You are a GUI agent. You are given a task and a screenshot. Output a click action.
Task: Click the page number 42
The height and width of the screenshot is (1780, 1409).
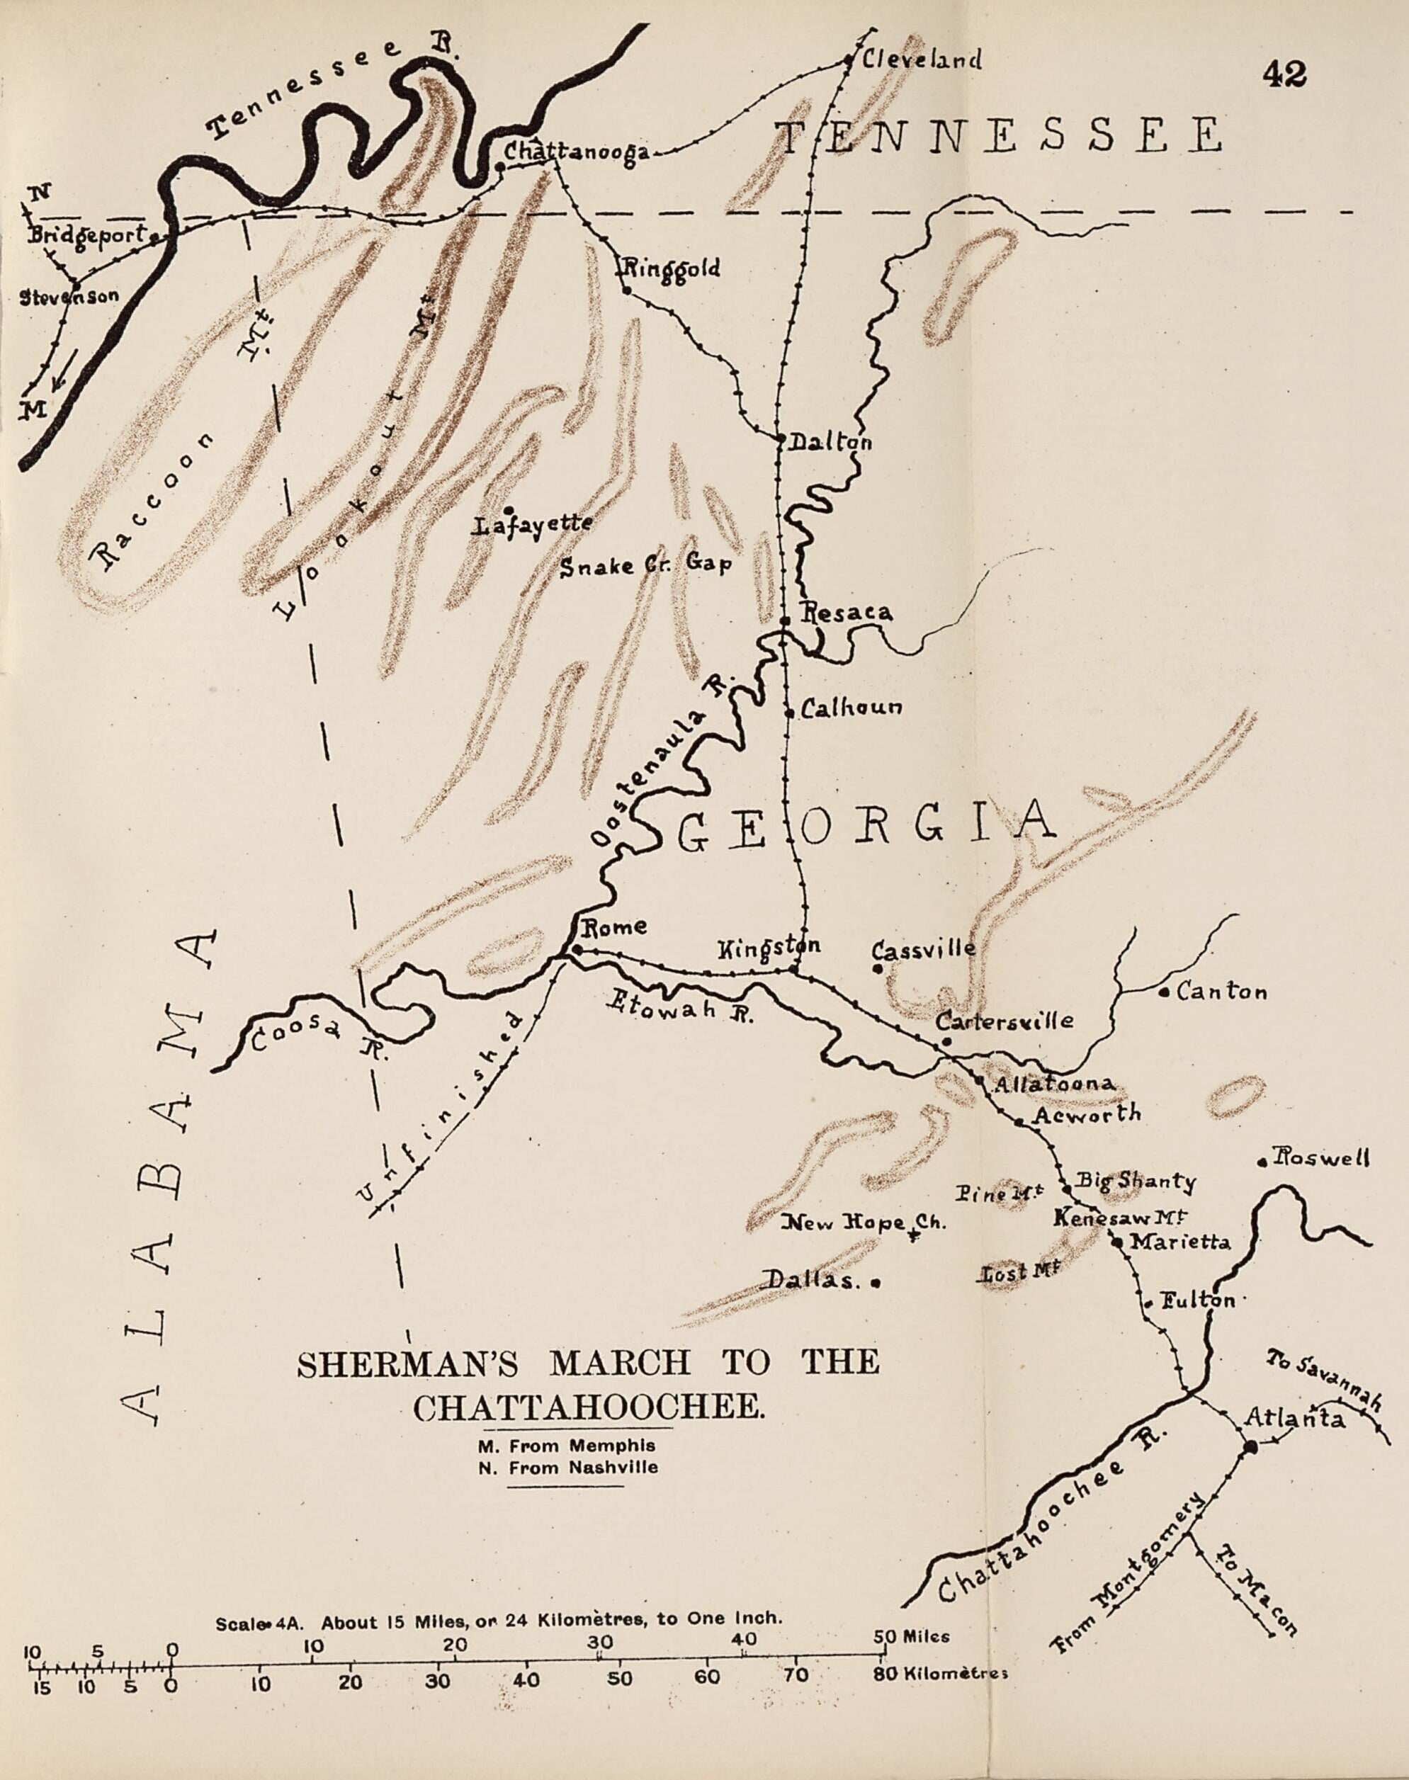pyautogui.click(x=1284, y=76)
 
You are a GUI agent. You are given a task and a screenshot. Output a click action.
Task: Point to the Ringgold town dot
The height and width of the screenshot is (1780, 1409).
pyautogui.click(x=627, y=290)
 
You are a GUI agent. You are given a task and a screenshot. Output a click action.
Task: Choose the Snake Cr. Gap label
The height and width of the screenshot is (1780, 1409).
pyautogui.click(x=645, y=567)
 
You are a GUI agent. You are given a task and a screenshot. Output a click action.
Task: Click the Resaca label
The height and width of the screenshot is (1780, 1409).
pyautogui.click(x=847, y=613)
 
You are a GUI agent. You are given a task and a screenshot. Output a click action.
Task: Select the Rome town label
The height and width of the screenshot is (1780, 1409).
pyautogui.click(x=615, y=927)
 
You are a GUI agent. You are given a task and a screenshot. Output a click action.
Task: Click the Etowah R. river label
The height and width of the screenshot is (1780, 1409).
pyautogui.click(x=680, y=1006)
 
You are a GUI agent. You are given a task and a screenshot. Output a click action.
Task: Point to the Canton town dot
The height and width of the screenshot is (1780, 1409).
pyautogui.click(x=1162, y=994)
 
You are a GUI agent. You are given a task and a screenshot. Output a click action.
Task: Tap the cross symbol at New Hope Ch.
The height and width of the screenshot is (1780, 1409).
pyautogui.click(x=913, y=1235)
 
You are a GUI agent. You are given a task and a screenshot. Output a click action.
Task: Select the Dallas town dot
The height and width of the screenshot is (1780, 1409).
pyautogui.click(x=876, y=1283)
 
